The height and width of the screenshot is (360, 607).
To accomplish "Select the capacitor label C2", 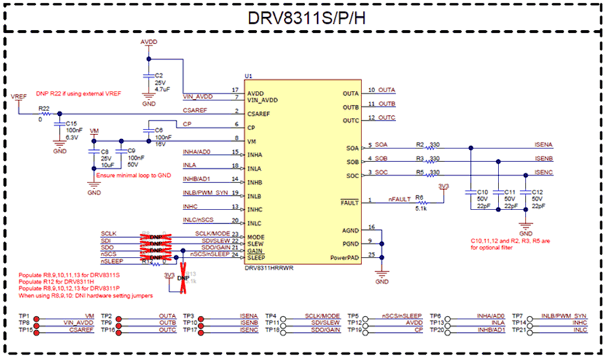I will pyautogui.click(x=159, y=75).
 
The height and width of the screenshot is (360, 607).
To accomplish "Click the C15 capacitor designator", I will pyautogui.click(x=71, y=123).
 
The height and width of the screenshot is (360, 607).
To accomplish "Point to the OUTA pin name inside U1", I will pyautogui.click(x=351, y=93).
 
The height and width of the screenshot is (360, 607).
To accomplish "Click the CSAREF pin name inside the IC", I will pyautogui.click(x=261, y=114).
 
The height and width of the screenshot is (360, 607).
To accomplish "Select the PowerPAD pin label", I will pyautogui.click(x=344, y=258).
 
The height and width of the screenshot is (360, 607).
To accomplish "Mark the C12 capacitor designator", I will pyautogui.click(x=537, y=192).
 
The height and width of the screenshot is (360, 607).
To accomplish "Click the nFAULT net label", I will pyautogui.click(x=399, y=199).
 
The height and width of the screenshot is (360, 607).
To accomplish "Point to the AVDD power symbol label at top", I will pyautogui.click(x=149, y=42).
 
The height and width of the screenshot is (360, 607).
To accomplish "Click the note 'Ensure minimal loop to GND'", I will pyautogui.click(x=141, y=175).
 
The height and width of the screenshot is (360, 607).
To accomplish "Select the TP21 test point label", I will pyautogui.click(x=520, y=329).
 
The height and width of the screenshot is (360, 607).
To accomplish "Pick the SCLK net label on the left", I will pyautogui.click(x=109, y=233).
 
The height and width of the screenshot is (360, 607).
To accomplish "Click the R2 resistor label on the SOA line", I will pyautogui.click(x=420, y=144).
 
